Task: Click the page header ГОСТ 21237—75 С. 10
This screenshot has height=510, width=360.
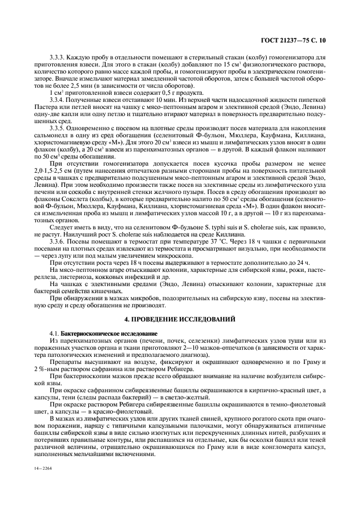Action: click(297, 40)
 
